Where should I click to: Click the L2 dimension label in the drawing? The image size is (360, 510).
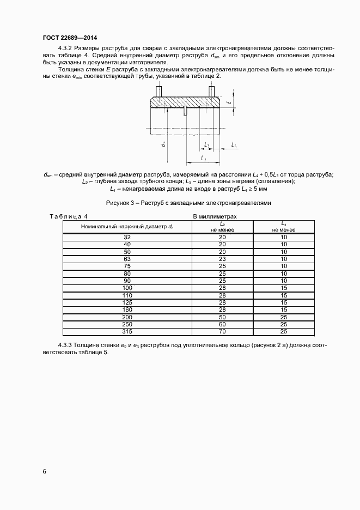[x=203, y=158]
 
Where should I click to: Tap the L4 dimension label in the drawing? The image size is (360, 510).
[x=233, y=144]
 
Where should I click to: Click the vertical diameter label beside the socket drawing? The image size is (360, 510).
[x=162, y=144]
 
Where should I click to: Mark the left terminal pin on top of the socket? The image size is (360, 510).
[x=158, y=92]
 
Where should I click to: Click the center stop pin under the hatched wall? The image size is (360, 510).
[x=185, y=111]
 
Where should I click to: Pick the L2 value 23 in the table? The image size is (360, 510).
[x=222, y=259]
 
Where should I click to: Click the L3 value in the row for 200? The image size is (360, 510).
[x=284, y=317]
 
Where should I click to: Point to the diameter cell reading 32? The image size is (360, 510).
[x=127, y=237]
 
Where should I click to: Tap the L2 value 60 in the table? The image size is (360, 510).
[x=222, y=324]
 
